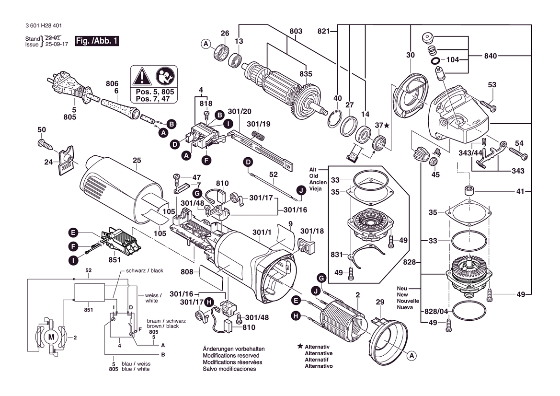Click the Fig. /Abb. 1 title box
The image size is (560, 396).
pos(97,41)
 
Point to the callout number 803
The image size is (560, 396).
pos(296,32)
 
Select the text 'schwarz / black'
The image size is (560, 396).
pos(144,271)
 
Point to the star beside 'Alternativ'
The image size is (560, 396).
pos(300,346)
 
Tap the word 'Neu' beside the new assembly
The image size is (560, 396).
pos(402,289)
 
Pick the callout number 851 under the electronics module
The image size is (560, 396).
pos(115,260)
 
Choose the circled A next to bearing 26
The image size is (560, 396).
pos(205,44)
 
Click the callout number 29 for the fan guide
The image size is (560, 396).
pos(380,302)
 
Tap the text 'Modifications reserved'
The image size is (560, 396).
pos(231,356)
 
